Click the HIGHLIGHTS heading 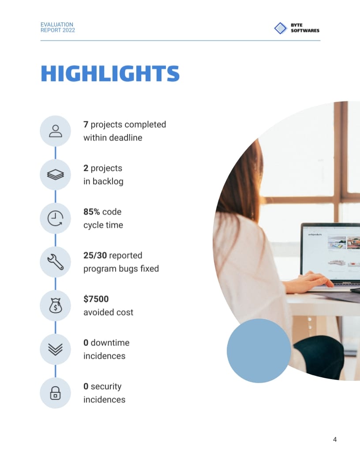[x=110, y=73]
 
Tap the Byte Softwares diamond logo [x=281, y=28]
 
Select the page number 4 [x=335, y=440]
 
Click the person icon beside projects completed [x=55, y=131]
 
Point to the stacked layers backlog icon [x=55, y=175]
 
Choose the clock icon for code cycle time [x=55, y=218]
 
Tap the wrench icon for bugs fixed [x=55, y=262]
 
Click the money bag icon [x=55, y=306]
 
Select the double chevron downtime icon [x=55, y=349]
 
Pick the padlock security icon [x=55, y=393]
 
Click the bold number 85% [x=91, y=212]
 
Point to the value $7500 [x=96, y=299]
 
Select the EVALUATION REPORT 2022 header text [x=57, y=27]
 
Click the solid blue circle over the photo [x=259, y=351]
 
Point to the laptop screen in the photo [x=331, y=252]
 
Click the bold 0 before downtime [x=86, y=343]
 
